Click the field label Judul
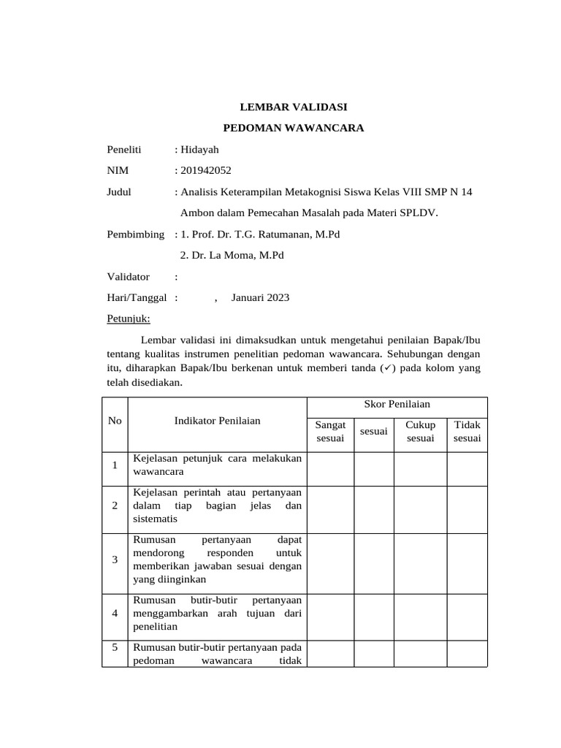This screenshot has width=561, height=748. [x=119, y=192]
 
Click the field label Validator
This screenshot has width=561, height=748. [x=128, y=277]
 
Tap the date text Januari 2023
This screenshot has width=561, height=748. [x=260, y=297]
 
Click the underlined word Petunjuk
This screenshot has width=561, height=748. [x=128, y=318]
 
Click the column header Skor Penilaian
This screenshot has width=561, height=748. [x=397, y=404]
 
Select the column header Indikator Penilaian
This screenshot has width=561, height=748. [x=217, y=421]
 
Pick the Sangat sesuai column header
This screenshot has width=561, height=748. [x=330, y=431]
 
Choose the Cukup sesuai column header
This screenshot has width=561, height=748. [x=420, y=431]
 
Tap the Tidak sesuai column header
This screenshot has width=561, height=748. [x=467, y=431]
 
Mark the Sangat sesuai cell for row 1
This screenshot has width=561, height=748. [x=330, y=468]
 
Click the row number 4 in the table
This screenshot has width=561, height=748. [x=115, y=614]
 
